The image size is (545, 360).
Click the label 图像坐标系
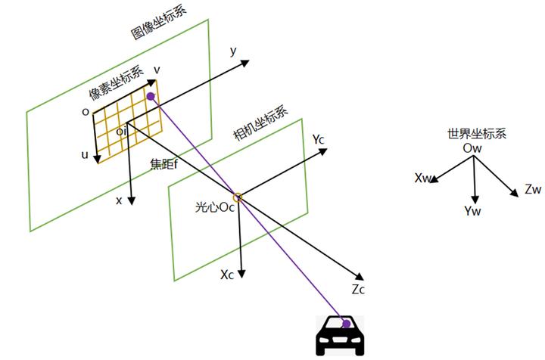click(x=159, y=23)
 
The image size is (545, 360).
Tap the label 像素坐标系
click(x=116, y=82)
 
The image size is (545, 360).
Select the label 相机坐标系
click(x=260, y=123)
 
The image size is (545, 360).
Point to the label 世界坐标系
click(x=477, y=134)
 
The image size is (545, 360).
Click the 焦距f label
click(x=164, y=163)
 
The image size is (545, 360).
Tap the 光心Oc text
click(x=215, y=207)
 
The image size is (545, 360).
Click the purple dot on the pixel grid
click(x=151, y=96)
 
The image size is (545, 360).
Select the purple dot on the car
click(x=347, y=324)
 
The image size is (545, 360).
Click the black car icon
click(x=340, y=336)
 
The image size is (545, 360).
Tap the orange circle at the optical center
click(x=238, y=197)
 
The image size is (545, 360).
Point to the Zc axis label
click(x=358, y=289)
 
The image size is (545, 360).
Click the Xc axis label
click(x=227, y=275)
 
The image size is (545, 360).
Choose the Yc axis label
click(x=319, y=139)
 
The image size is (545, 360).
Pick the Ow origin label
click(x=472, y=148)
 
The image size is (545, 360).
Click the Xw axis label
click(x=422, y=178)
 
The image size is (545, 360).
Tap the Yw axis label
click(x=472, y=211)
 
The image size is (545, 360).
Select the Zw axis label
click(x=533, y=190)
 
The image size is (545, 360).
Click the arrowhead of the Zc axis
click(x=360, y=276)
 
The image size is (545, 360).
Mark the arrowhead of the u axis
click(x=98, y=159)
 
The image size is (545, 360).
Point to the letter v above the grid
click(x=157, y=70)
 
